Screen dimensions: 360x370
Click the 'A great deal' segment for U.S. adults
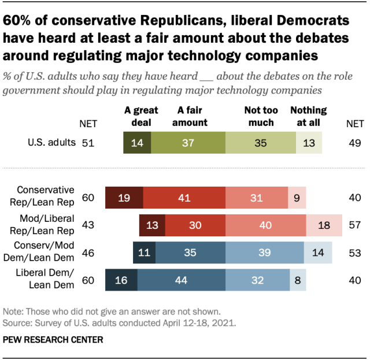click(137, 143)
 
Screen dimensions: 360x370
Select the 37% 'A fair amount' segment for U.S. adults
click(188, 143)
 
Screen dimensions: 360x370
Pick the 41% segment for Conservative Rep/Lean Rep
click(184, 198)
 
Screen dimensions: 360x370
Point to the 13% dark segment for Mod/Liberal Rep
click(151, 225)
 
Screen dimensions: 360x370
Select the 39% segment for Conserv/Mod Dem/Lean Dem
click(265, 253)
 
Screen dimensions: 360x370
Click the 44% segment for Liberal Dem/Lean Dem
click(182, 280)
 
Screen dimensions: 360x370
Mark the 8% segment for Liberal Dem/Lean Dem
click(298, 280)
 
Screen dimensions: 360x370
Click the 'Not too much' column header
click(261, 116)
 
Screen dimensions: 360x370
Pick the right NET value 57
click(354, 225)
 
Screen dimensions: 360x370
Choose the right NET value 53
click(354, 253)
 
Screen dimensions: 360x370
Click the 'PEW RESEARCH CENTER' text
click(53, 340)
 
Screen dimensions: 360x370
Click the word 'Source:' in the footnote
click(18, 321)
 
